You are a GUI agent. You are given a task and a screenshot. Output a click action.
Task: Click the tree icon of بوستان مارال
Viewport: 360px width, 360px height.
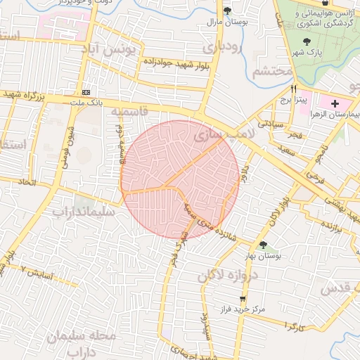pos(226,11)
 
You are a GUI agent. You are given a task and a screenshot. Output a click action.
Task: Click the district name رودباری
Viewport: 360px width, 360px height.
pos(221,48)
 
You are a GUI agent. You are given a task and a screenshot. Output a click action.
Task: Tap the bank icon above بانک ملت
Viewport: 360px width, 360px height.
pos(86,93)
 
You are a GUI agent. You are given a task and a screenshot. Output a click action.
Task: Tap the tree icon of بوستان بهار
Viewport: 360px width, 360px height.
pos(263,245)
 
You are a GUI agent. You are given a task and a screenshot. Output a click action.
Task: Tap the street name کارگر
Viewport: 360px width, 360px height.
pos(289,326)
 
